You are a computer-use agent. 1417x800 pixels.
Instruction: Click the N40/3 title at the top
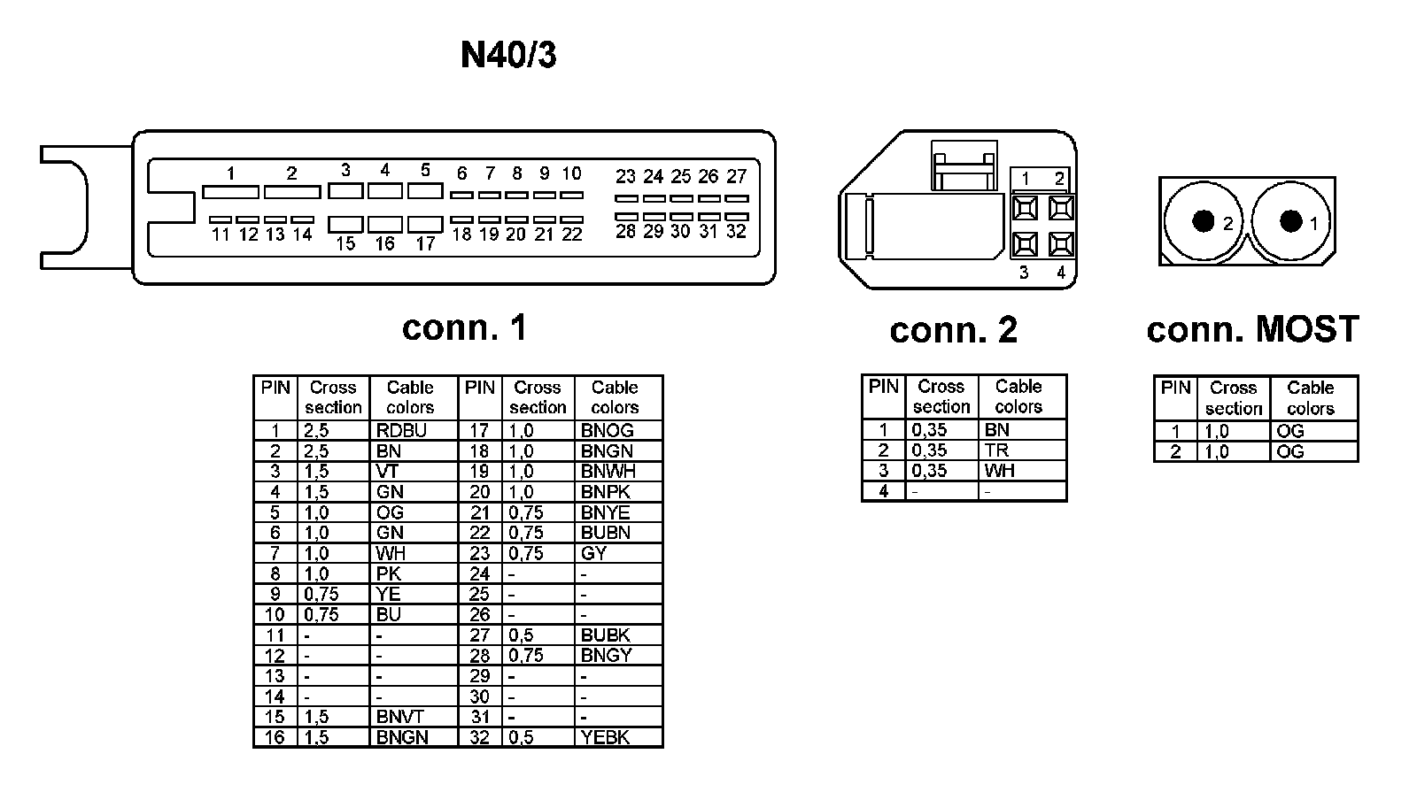508,55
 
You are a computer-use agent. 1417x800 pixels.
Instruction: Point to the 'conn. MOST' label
1251,329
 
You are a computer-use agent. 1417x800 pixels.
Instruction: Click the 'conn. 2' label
953,330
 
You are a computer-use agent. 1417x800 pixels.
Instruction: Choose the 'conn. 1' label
464,327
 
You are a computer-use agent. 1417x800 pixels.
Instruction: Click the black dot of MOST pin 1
1290,220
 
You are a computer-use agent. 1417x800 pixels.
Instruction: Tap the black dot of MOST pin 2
1203,220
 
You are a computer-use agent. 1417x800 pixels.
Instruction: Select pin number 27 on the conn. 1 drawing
736,177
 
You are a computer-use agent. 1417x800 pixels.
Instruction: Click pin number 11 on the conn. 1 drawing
221,235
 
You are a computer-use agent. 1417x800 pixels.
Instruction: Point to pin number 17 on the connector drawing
426,243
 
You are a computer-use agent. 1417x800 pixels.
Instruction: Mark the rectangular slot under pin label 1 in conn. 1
230,192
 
